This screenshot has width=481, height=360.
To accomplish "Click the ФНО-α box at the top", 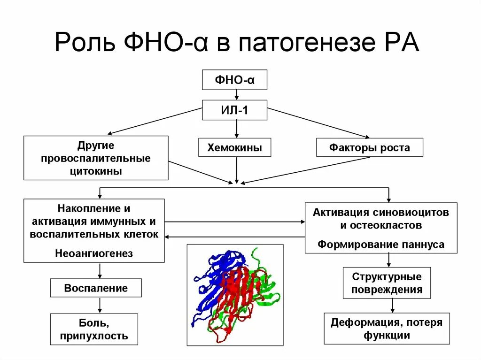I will pyautogui.click(x=234, y=80).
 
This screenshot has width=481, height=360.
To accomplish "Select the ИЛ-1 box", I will pyautogui.click(x=234, y=111).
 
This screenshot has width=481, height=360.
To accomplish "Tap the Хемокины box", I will pyautogui.click(x=235, y=148).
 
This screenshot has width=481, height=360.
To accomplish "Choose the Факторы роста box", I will pyautogui.click(x=369, y=148).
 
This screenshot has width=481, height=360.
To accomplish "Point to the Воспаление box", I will pyautogui.click(x=96, y=288).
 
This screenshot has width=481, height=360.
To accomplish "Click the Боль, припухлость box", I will pyautogui.click(x=94, y=329).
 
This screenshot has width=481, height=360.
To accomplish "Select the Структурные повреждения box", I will pyautogui.click(x=387, y=283).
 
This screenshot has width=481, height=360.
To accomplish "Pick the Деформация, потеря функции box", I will pyautogui.click(x=387, y=329).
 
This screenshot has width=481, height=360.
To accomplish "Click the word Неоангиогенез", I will pyautogui.click(x=94, y=253).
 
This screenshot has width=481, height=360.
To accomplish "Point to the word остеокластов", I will pyautogui.click(x=381, y=225).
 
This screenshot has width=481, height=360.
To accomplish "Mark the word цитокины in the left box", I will pyautogui.click(x=95, y=171).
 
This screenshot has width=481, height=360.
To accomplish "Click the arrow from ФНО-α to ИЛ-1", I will pyautogui.click(x=237, y=95).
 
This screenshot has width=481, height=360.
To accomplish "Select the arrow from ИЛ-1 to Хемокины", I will pyautogui.click(x=237, y=130).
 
